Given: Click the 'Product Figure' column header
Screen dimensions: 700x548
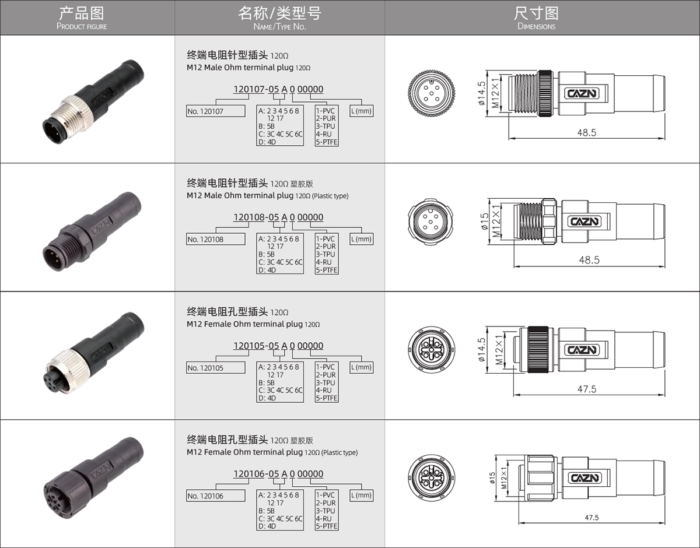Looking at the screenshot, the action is (82, 18).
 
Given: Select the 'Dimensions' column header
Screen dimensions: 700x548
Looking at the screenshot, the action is (536, 18).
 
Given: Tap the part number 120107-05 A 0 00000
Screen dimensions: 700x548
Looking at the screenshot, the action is (278, 89).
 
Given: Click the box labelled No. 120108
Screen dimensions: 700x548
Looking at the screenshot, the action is (215, 239).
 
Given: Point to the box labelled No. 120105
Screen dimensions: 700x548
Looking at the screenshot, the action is (215, 367).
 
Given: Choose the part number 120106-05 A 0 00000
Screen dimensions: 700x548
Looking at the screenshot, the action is (278, 473).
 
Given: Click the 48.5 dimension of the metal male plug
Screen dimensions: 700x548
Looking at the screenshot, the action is (587, 132).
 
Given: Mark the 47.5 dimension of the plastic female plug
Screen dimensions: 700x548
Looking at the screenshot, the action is (591, 518).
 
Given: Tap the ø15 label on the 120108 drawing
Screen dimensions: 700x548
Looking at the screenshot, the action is (485, 221).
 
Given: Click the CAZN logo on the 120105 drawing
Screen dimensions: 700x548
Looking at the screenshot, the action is (582, 350).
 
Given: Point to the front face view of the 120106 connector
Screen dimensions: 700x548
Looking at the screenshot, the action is (431, 477).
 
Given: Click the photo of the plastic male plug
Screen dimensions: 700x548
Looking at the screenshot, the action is (92, 231).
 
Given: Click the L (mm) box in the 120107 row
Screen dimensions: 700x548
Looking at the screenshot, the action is (362, 111).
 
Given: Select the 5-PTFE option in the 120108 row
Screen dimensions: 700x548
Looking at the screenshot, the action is (327, 270).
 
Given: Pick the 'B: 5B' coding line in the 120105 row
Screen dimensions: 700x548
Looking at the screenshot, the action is (267, 382).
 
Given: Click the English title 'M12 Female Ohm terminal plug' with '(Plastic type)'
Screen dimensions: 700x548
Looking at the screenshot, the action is (272, 452).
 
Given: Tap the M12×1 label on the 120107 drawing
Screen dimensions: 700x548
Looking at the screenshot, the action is (495, 92).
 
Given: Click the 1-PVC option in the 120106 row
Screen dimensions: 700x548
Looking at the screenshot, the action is (325, 495).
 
